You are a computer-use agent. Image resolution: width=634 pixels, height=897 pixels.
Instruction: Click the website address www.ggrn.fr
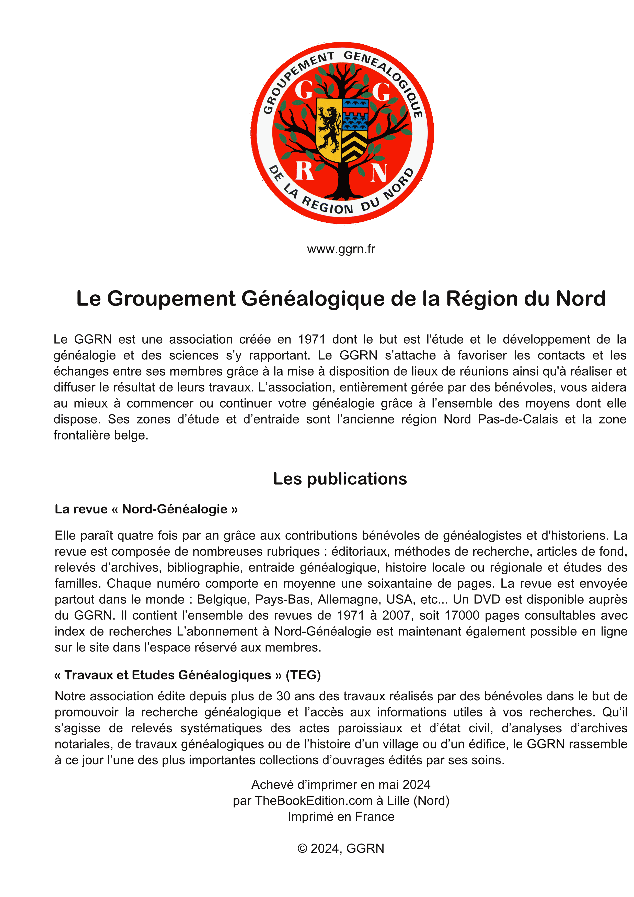[341, 249]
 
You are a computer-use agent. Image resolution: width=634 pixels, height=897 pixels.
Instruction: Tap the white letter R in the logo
[305, 171]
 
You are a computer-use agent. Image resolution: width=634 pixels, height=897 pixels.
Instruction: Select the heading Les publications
[340, 479]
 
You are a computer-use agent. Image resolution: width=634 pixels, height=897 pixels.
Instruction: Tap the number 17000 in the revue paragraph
[462, 615]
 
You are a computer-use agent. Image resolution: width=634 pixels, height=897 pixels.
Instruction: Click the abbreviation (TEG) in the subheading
[303, 675]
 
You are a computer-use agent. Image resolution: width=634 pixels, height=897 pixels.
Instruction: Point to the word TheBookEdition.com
[314, 801]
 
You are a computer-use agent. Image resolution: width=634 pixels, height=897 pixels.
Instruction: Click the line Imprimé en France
[341, 816]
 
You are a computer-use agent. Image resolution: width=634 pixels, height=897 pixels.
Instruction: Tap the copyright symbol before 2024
[302, 849]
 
